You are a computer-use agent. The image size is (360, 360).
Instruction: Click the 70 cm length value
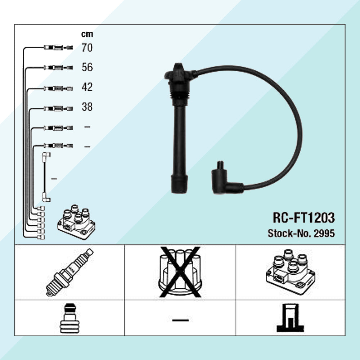pyautogui.click(x=87, y=48)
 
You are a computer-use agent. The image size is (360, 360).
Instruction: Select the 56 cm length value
pyautogui.click(x=87, y=67)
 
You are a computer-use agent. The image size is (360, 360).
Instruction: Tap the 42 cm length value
pyautogui.click(x=87, y=87)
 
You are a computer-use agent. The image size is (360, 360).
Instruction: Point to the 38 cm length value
pyautogui.click(x=87, y=107)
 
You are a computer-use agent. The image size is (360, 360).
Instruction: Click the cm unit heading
pyautogui.click(x=87, y=34)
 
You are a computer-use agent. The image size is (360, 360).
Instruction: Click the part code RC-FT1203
pyautogui.click(x=303, y=217)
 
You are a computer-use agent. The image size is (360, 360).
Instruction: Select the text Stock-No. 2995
pyautogui.click(x=301, y=233)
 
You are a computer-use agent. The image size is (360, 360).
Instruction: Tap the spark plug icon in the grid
pyautogui.click(x=69, y=273)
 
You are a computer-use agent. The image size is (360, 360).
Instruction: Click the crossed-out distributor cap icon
pyautogui.click(x=180, y=272)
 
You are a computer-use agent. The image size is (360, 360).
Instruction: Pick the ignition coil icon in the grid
pyautogui.click(x=291, y=272)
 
